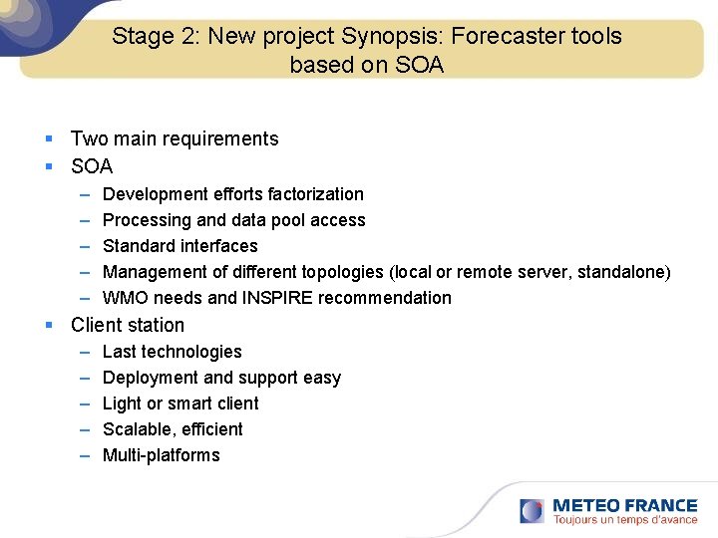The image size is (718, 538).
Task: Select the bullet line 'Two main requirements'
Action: [x=175, y=138]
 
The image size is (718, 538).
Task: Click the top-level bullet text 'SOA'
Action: [x=92, y=166]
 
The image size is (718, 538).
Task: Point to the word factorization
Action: [x=315, y=194]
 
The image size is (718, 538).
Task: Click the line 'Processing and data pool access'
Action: [x=234, y=220]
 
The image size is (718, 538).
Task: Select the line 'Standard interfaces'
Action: [x=180, y=246]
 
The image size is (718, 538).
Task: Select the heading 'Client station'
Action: [x=128, y=325]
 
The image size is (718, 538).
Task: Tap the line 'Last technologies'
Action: [x=173, y=352]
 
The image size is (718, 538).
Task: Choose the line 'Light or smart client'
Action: [x=180, y=403]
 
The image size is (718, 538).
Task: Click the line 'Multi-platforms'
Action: [x=162, y=455]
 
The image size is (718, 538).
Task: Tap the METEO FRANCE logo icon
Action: [x=533, y=511]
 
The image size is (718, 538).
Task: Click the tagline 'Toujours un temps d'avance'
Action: [x=625, y=520]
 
